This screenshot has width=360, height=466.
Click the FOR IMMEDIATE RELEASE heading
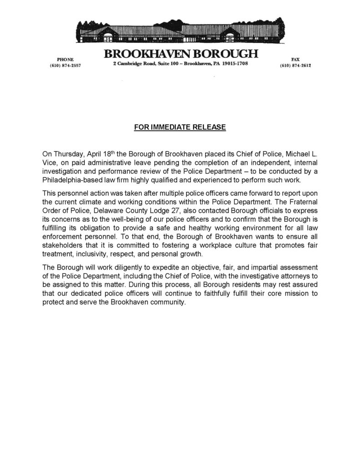(180, 127)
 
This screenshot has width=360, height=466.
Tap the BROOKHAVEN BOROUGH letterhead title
(181, 54)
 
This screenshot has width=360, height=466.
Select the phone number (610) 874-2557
(65, 66)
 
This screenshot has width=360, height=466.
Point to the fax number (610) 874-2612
(295, 66)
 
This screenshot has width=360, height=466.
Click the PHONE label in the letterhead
(65, 60)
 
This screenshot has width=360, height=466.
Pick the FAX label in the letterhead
(295, 60)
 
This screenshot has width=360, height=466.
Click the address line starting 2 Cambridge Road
(180, 64)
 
